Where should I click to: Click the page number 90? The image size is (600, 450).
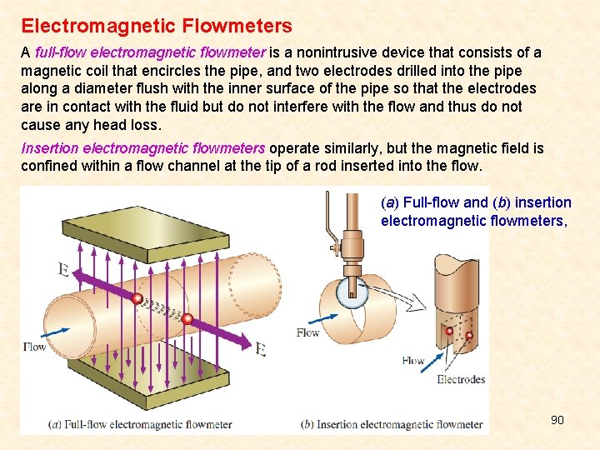pos(557,419)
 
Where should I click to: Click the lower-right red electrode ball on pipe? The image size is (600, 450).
pos(187,319)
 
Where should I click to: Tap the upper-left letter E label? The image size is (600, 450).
pos(63,268)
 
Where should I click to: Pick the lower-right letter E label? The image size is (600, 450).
pos(260,349)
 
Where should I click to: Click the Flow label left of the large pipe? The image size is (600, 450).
pos(34,346)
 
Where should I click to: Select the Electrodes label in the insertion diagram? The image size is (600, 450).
pos(461,379)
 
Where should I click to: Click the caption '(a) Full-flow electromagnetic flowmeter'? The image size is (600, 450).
pos(140,424)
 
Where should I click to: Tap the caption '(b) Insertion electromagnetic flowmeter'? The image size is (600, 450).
pos(392,424)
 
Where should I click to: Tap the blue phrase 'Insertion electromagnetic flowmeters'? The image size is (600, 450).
pos(142,148)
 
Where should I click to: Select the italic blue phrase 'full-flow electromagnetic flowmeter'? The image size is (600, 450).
pos(151,52)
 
